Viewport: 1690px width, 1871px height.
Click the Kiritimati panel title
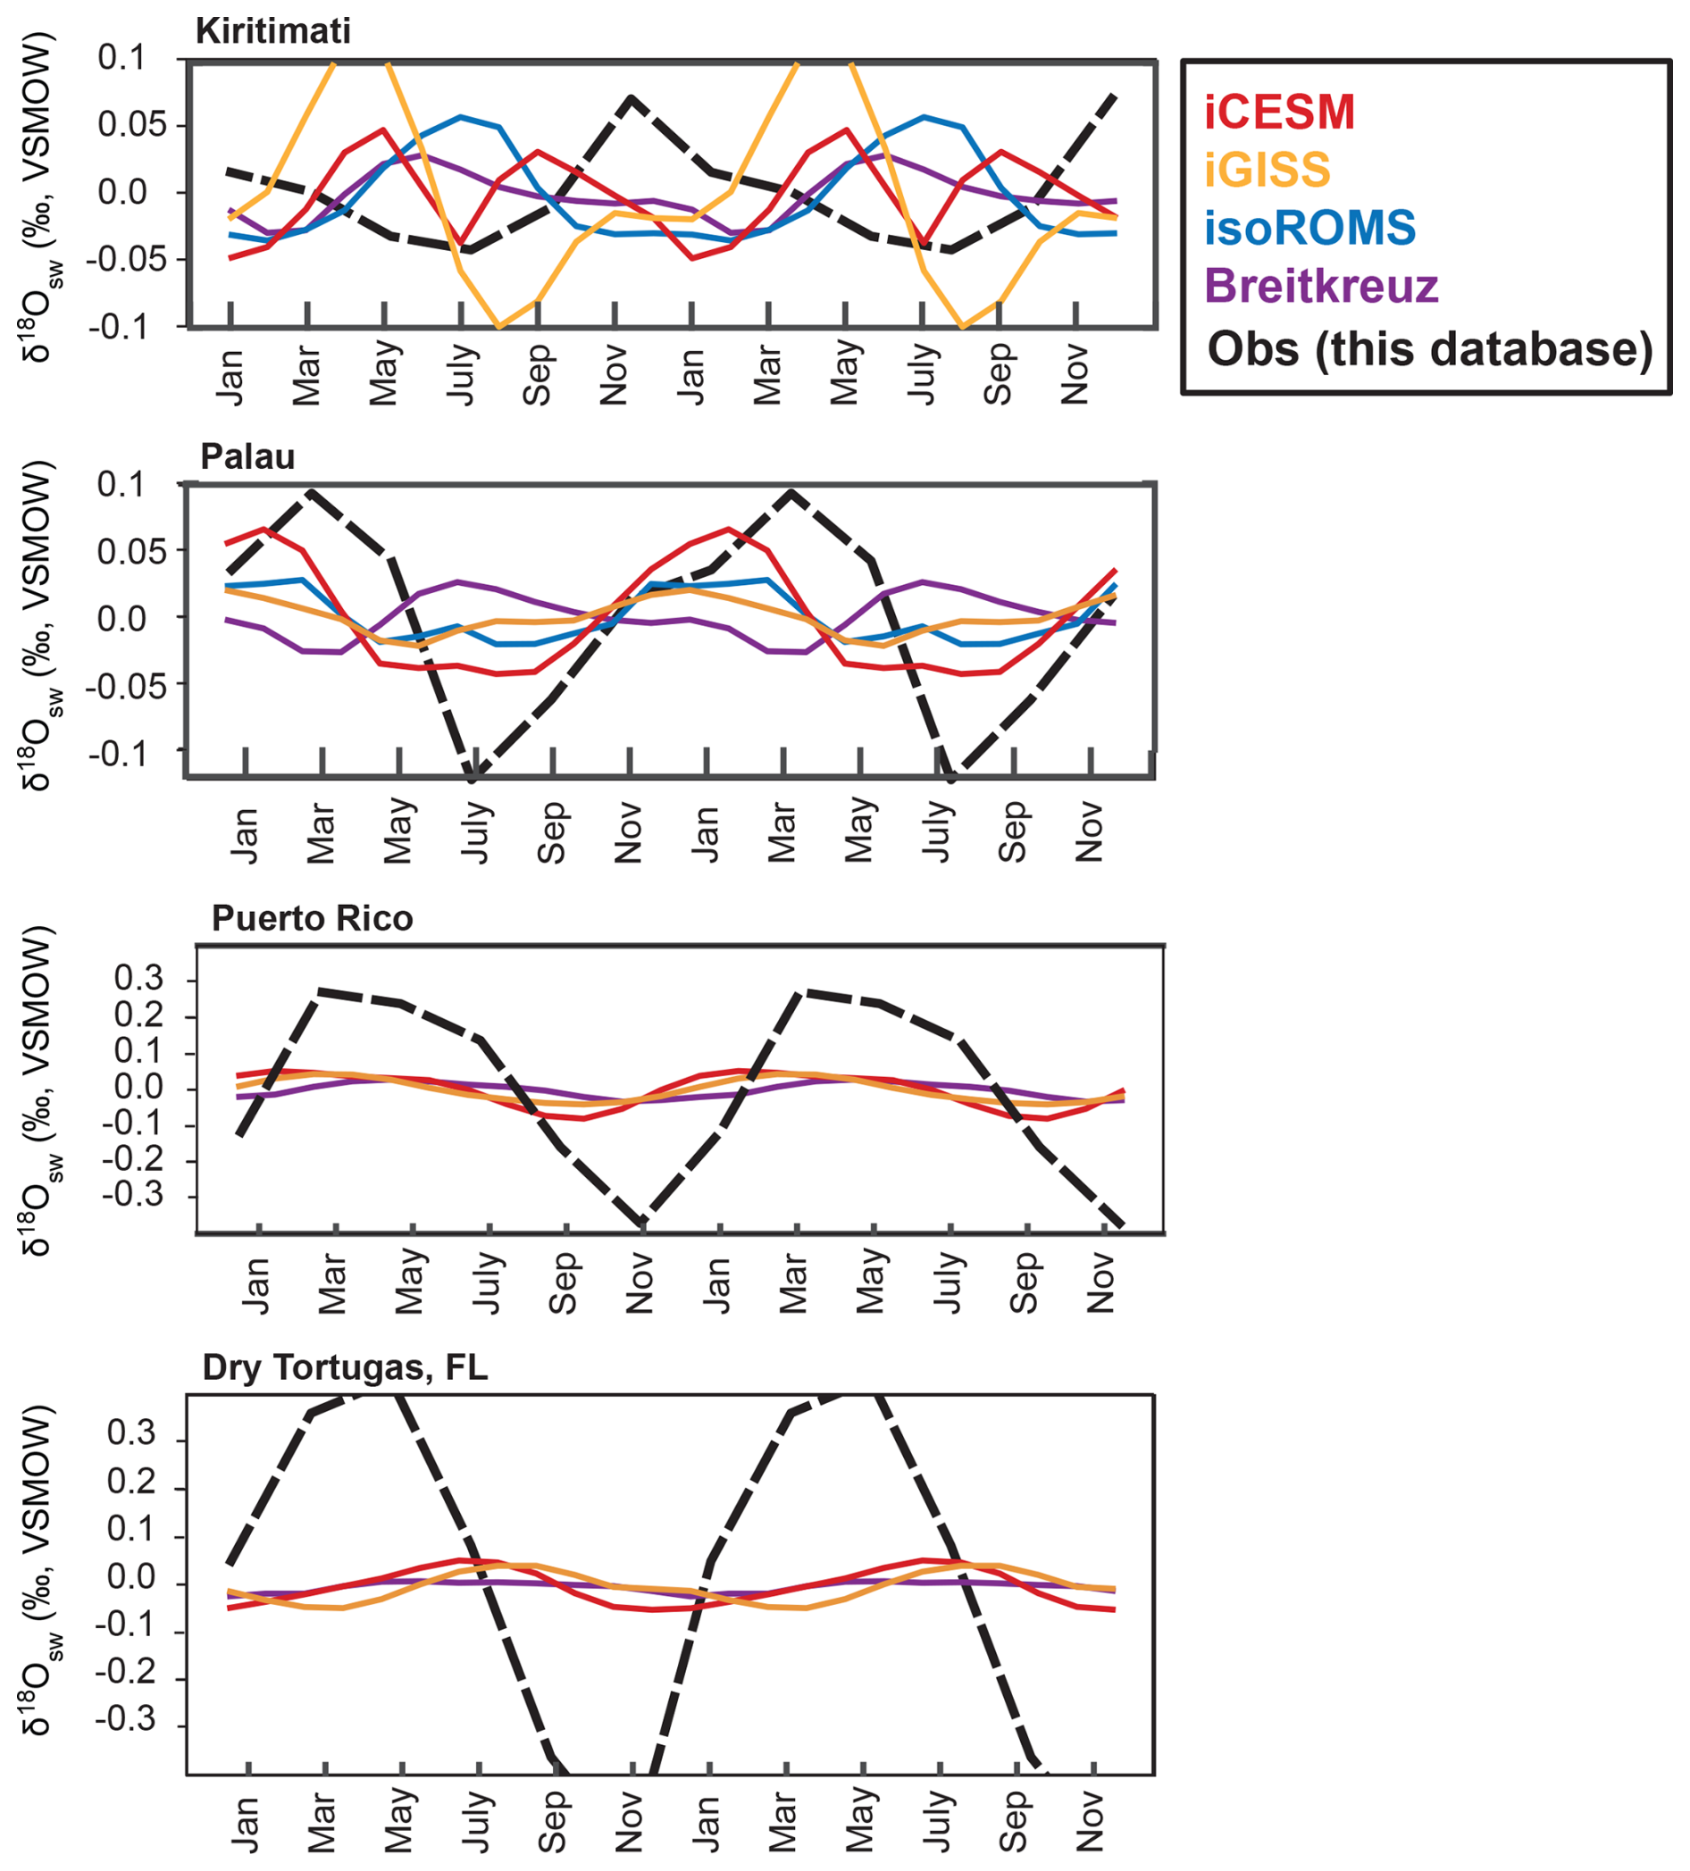click(272, 31)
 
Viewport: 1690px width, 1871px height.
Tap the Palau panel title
click(247, 456)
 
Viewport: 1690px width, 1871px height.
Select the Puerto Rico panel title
click(312, 918)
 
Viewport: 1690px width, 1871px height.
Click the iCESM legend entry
click(1279, 113)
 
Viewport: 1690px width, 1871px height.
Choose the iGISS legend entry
click(1267, 170)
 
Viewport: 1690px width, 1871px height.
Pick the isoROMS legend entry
click(1309, 229)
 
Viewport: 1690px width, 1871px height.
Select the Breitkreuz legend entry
click(1320, 286)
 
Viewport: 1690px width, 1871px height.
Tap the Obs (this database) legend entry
click(1429, 349)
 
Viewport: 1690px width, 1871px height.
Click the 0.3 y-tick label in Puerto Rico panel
click(138, 978)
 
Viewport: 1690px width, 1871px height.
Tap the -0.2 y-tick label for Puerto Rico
click(132, 1159)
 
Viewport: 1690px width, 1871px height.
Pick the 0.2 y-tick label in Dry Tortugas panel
click(132, 1483)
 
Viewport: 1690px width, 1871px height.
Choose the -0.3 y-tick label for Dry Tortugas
click(125, 1720)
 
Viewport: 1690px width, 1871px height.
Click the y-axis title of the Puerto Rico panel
click(38, 1090)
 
